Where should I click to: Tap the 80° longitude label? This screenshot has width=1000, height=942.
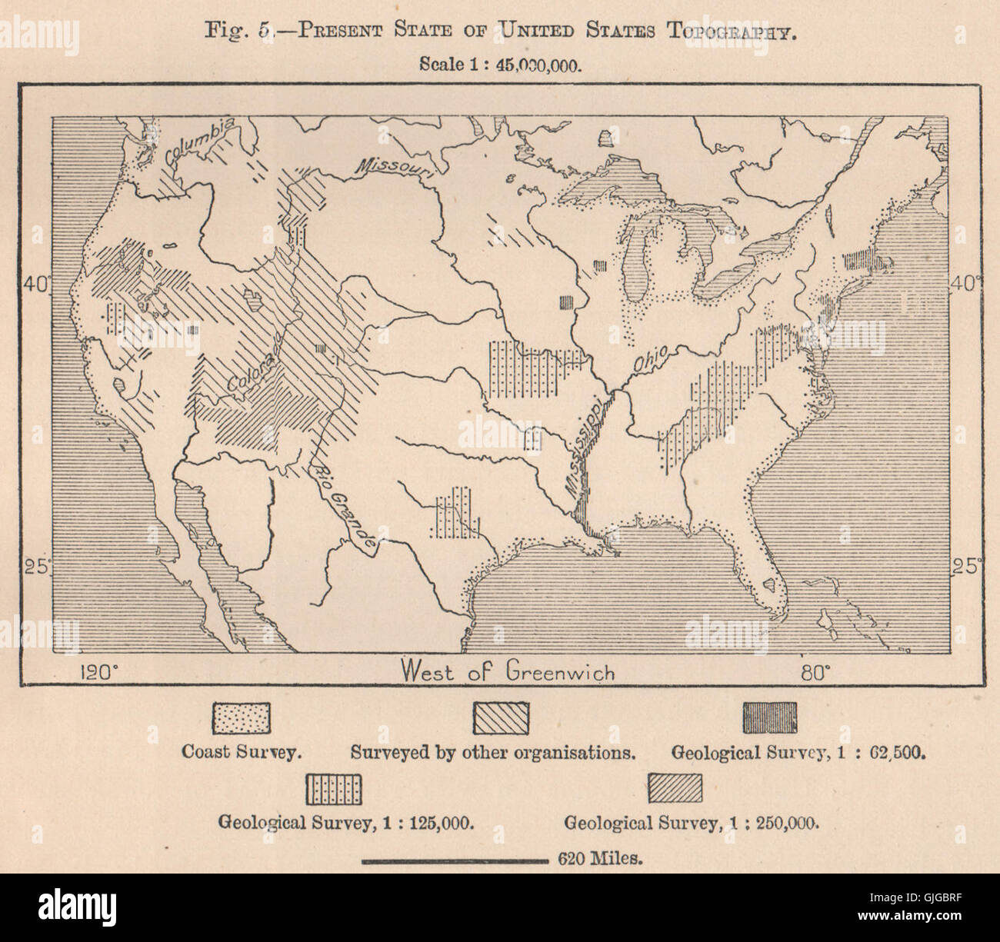point(815,672)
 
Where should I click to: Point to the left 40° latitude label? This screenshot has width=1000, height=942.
point(35,284)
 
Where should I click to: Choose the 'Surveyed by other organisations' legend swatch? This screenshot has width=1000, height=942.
point(499,717)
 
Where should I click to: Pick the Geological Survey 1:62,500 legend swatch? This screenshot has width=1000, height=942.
point(769,717)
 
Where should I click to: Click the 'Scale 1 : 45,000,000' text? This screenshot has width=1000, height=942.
point(499,65)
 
